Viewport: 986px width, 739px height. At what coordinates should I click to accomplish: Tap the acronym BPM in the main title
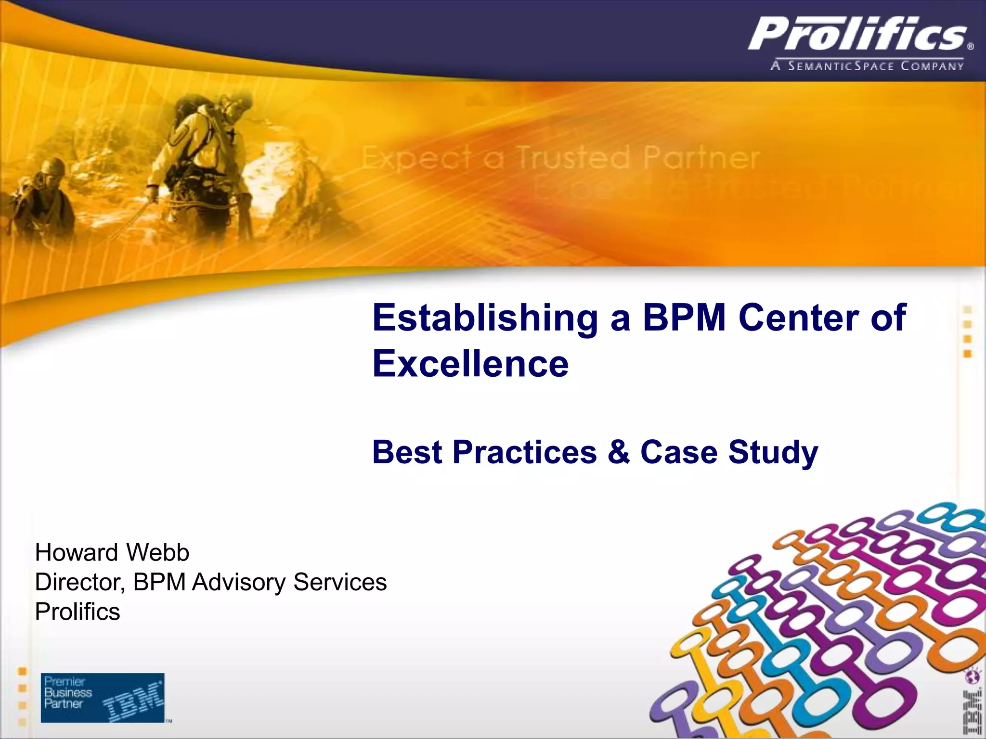tap(684, 318)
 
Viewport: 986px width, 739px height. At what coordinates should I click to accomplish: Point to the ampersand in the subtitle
tap(618, 453)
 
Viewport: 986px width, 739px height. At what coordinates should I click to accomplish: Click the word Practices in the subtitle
tap(524, 453)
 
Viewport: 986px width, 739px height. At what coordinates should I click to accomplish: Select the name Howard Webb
tap(112, 552)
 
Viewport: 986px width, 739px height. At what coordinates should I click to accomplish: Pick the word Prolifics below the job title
tap(78, 612)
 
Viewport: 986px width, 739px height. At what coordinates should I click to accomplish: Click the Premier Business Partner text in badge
tap(68, 693)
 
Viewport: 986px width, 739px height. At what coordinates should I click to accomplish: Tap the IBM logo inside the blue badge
tap(133, 703)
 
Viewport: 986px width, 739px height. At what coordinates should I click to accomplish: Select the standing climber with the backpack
tap(202, 144)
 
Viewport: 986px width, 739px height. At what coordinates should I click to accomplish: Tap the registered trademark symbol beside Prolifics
tap(970, 47)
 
